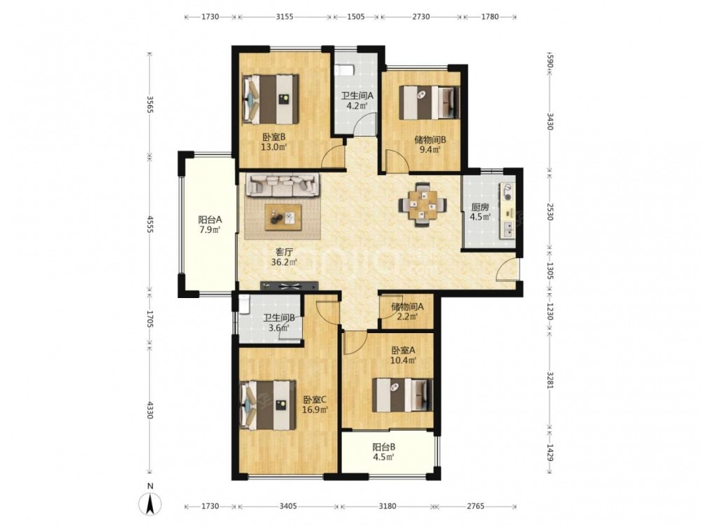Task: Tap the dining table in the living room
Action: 423,205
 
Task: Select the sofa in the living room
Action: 283,185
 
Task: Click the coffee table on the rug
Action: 283,217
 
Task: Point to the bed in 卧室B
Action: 270,99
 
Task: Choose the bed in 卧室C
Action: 268,405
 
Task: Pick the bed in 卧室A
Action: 403,395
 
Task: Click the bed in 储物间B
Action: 429,103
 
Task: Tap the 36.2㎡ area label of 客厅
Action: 285,262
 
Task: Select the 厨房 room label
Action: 479,208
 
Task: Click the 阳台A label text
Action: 210,220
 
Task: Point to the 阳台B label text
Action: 384,447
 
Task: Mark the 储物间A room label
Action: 407,307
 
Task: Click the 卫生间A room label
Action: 358,95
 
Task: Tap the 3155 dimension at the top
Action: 285,17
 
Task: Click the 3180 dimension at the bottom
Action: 388,506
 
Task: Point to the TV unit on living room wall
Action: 290,285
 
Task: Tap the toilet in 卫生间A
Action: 345,70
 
